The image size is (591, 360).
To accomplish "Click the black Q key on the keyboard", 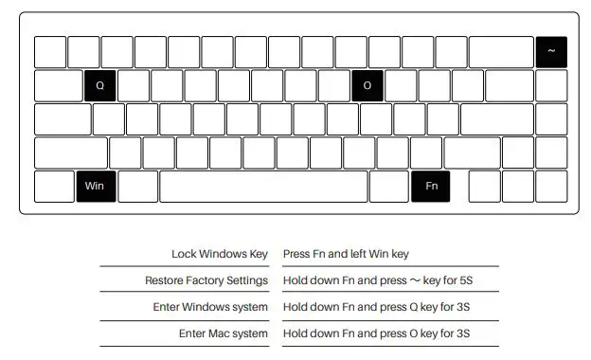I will (x=99, y=85).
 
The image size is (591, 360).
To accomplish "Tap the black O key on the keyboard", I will (x=367, y=85).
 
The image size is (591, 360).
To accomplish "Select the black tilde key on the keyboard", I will (x=551, y=52).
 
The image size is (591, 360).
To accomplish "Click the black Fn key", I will (x=431, y=186).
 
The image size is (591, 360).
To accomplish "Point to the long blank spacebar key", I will (x=263, y=186).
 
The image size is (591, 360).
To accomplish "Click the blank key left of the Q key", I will (x=58, y=85).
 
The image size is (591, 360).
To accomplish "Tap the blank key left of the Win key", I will (x=54, y=186).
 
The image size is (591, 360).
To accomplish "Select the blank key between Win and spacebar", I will (x=138, y=186).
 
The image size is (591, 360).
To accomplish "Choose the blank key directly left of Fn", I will (x=388, y=186).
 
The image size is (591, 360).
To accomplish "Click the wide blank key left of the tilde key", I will (x=500, y=52).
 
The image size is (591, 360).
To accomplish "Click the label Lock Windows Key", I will (x=220, y=254).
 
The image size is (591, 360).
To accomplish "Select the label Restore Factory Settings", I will (x=206, y=280).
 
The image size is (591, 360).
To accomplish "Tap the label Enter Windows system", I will (x=210, y=307).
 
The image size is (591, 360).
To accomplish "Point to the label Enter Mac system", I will (x=224, y=333).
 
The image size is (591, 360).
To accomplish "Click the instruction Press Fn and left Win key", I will (x=345, y=254).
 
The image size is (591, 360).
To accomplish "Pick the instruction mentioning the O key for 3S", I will (x=376, y=333).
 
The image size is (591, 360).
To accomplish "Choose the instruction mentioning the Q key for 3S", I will (x=376, y=307).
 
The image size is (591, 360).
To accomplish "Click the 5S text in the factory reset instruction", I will (x=477, y=280).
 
